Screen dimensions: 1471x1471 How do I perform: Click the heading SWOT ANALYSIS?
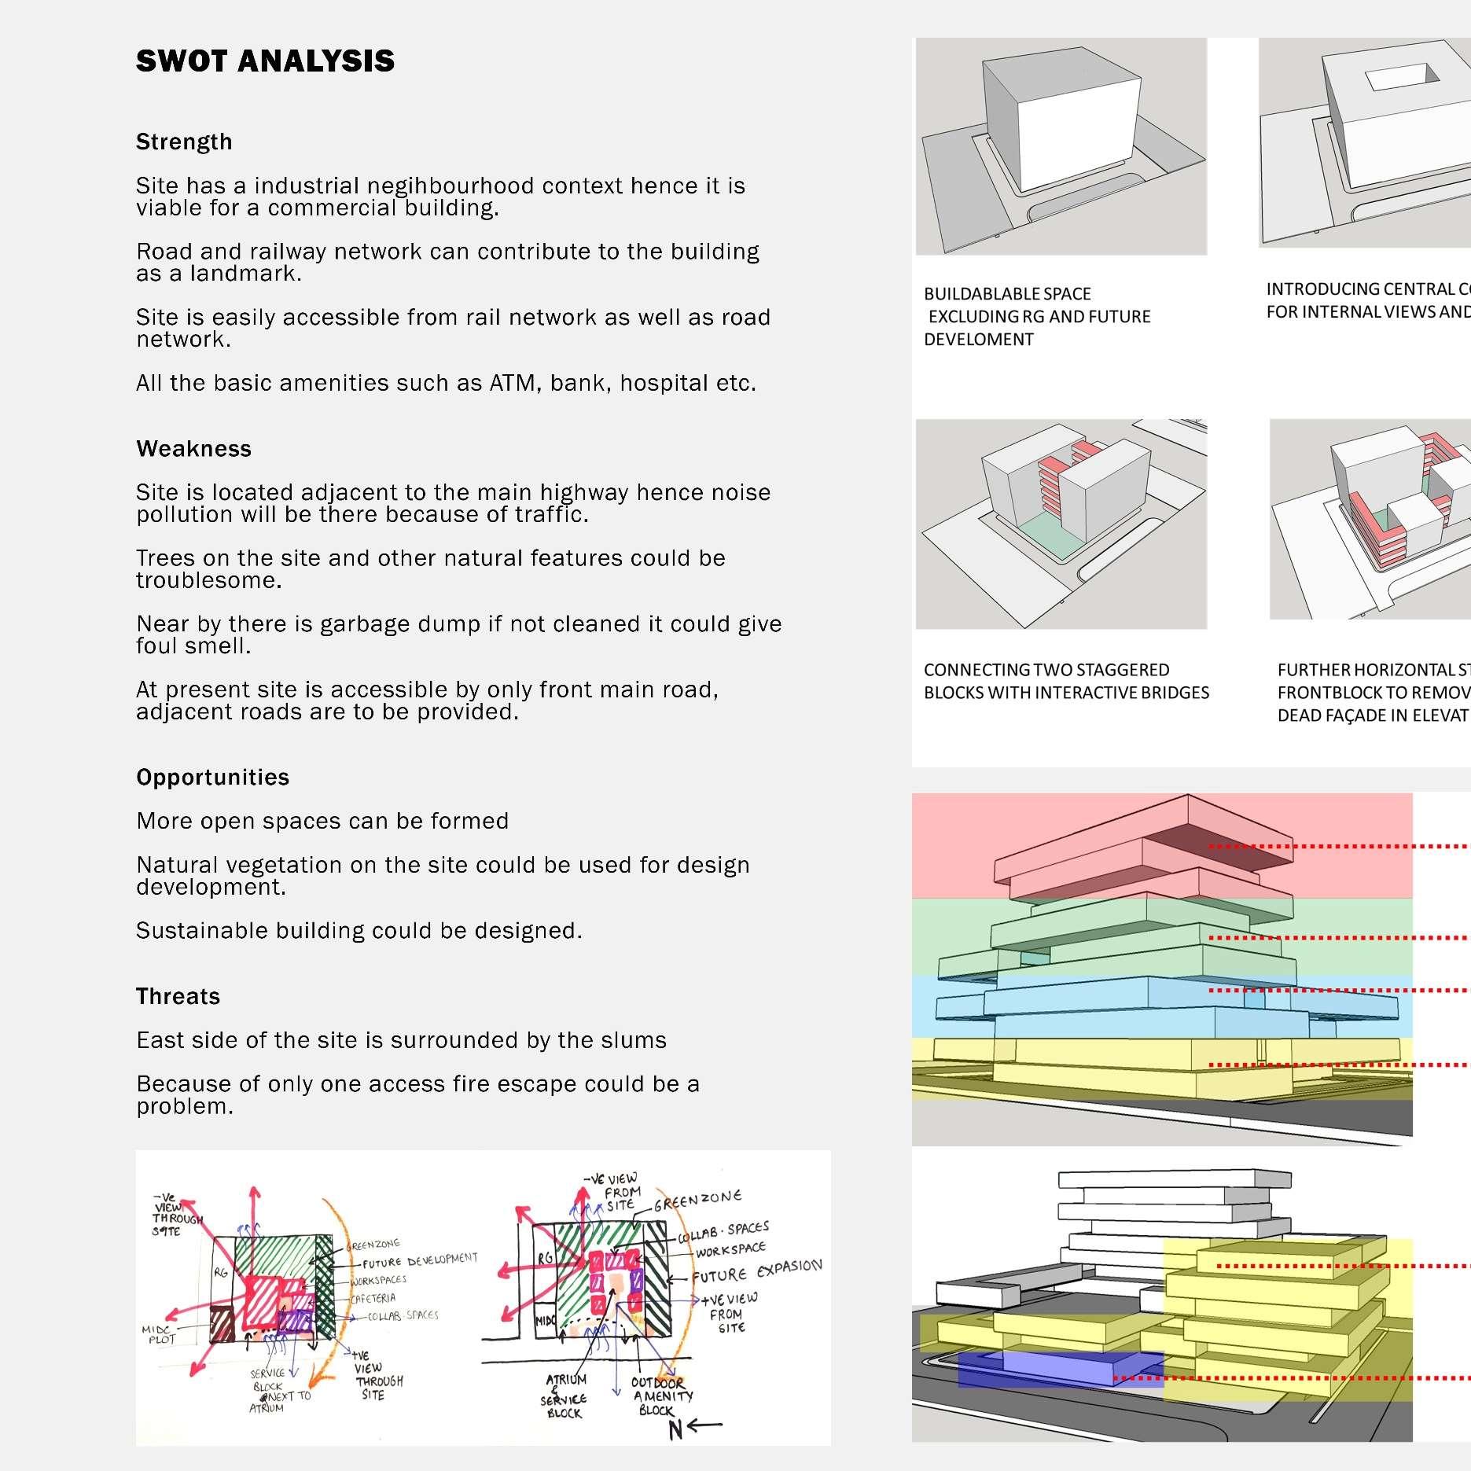pyautogui.click(x=265, y=61)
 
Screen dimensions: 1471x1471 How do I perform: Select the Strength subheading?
pyautogui.click(x=184, y=142)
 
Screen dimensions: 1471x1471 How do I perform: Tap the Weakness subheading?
pyautogui.click(x=193, y=449)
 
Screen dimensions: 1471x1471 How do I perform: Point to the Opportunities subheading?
pyautogui.click(x=212, y=778)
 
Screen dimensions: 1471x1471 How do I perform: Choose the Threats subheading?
pyautogui.click(x=178, y=997)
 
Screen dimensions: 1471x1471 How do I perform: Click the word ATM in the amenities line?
pyautogui.click(x=513, y=384)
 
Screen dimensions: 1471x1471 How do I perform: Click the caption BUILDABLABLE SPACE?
pyautogui.click(x=1007, y=295)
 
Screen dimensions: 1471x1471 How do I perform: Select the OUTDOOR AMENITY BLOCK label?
pyautogui.click(x=661, y=1396)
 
